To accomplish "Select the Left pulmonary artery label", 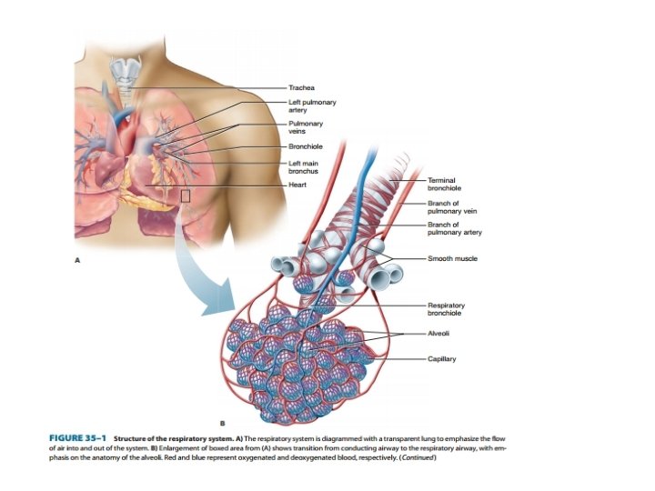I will (306, 106).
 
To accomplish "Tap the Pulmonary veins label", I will (305, 127).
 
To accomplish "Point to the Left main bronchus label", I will (303, 167).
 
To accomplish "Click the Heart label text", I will (297, 185).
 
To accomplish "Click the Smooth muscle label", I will (452, 258).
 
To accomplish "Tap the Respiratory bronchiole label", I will (447, 309).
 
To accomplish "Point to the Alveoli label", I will (438, 334).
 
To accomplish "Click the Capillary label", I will (442, 358).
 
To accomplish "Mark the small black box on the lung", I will (186, 195).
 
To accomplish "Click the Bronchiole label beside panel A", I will (305, 146).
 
